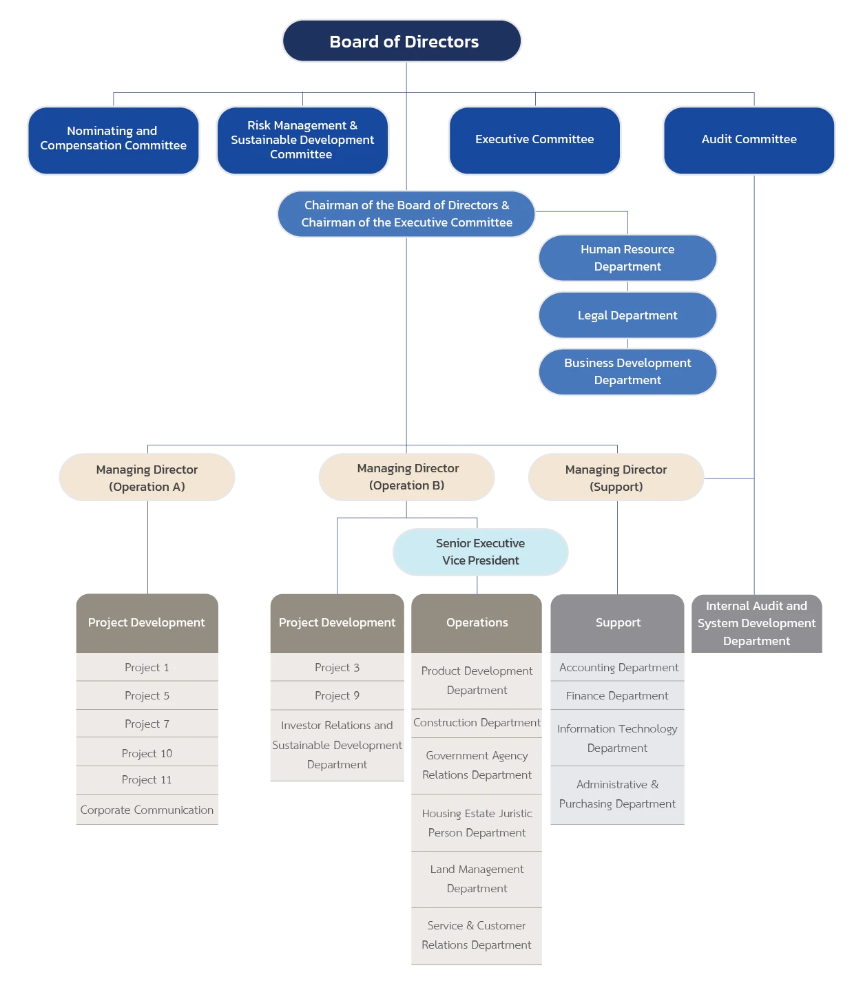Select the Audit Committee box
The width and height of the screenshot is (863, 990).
(x=749, y=140)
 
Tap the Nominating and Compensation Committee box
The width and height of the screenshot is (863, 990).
(x=114, y=139)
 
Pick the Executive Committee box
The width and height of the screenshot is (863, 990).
(x=534, y=140)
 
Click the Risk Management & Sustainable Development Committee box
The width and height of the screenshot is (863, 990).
(x=302, y=140)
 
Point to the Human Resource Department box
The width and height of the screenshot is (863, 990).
(x=627, y=258)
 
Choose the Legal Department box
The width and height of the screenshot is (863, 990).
(x=627, y=315)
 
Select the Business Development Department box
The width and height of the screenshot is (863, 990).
(x=627, y=372)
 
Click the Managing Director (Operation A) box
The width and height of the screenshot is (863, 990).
(x=146, y=478)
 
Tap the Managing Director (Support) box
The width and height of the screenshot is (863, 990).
(x=616, y=478)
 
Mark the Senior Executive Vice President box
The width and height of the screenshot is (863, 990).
(x=480, y=552)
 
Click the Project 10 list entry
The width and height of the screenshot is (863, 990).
(x=147, y=753)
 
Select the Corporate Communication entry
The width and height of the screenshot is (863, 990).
(x=147, y=810)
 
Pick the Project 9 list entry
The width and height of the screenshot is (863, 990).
(x=337, y=696)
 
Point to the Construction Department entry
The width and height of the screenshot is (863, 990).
(x=477, y=723)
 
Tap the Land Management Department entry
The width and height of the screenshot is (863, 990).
(x=477, y=879)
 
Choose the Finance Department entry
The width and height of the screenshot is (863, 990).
(x=617, y=696)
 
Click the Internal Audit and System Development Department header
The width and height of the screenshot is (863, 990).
(x=756, y=623)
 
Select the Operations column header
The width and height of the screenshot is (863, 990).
(x=477, y=622)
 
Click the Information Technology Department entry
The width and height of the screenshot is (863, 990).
(x=617, y=738)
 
